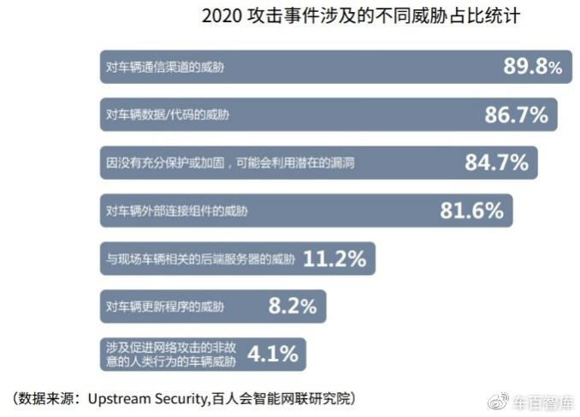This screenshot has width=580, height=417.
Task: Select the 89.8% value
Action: click(533, 67)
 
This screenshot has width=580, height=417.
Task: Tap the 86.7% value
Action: click(516, 115)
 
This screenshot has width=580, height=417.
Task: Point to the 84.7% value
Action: click(496, 163)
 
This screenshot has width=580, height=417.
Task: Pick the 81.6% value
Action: click(471, 211)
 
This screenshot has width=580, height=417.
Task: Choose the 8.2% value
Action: click(293, 306)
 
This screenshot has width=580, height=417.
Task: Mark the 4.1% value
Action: click(273, 353)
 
